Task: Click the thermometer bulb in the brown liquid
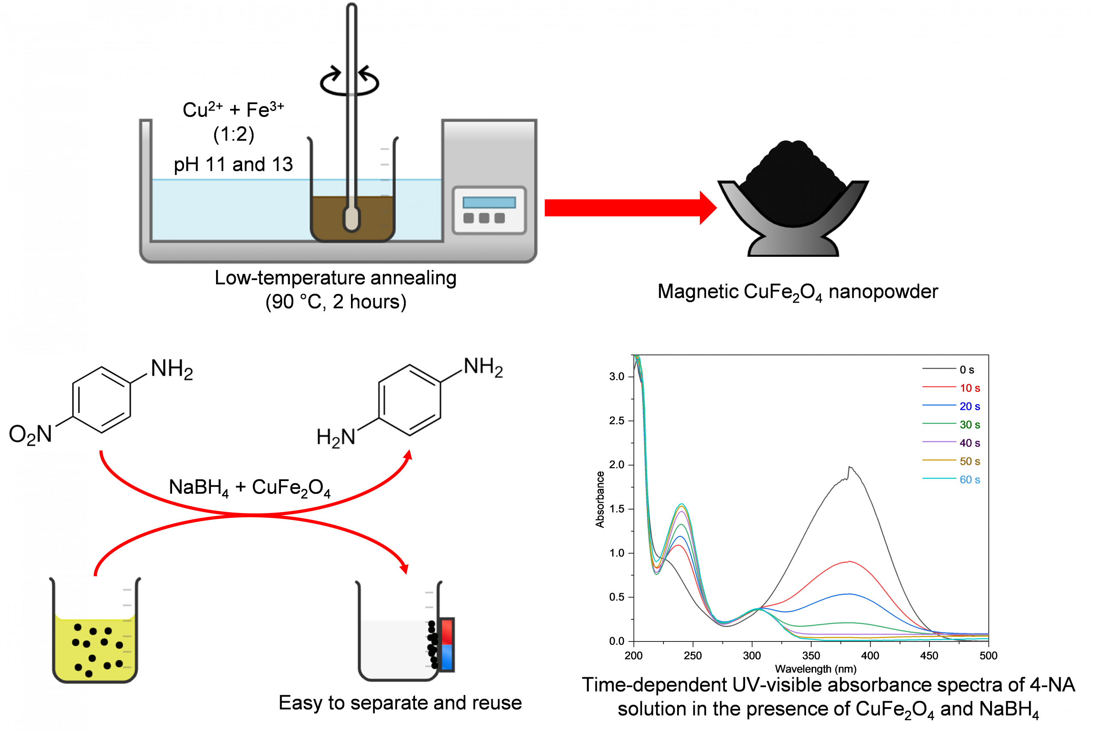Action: coord(351,219)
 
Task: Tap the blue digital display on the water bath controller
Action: coord(489,203)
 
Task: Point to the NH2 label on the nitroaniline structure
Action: coord(171,370)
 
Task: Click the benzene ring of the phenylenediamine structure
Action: coord(409,400)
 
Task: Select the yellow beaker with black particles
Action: coord(95,647)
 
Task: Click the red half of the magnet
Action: coord(447,631)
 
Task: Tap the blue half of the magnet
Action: coord(447,658)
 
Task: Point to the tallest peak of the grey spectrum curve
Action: coord(850,467)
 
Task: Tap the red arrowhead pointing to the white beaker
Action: coord(404,569)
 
